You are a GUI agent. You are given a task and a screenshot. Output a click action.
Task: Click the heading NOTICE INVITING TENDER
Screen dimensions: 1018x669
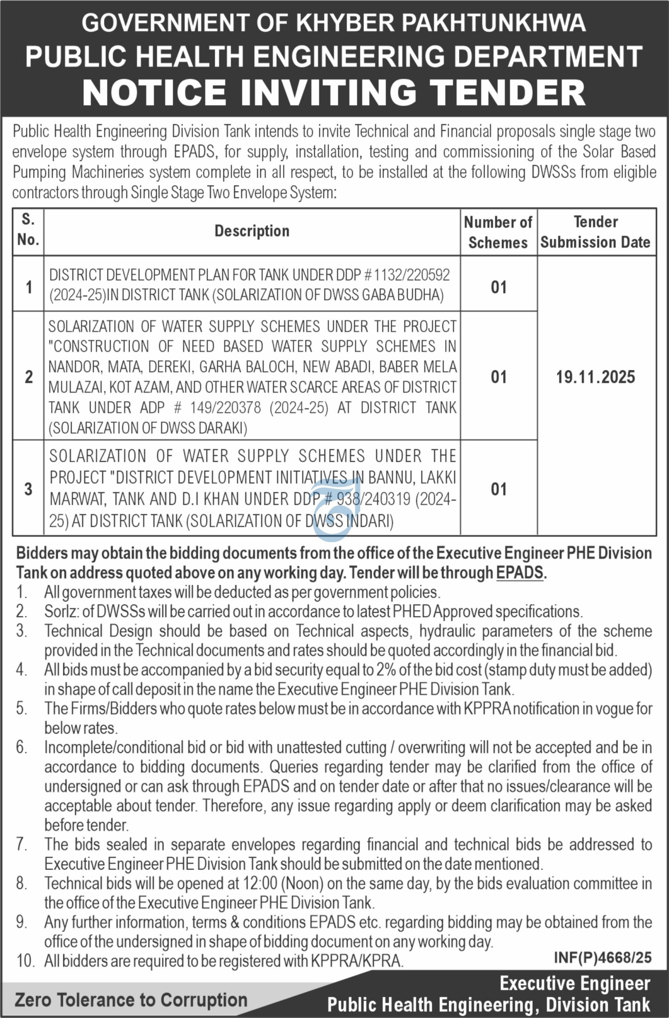[334, 92]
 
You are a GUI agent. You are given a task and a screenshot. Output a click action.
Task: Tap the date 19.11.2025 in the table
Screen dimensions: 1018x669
[596, 378]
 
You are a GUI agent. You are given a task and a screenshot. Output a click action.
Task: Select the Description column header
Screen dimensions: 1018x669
[252, 231]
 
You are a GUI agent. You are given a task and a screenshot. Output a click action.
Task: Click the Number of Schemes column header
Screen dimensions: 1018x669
[498, 232]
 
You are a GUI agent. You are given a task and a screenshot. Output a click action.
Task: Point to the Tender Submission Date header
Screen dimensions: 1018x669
[596, 232]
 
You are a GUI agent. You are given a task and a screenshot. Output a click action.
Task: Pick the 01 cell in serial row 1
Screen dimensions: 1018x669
[498, 287]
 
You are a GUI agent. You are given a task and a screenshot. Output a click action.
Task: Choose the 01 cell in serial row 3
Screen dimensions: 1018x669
[498, 489]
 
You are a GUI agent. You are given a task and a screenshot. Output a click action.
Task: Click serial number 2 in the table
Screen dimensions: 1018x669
[29, 377]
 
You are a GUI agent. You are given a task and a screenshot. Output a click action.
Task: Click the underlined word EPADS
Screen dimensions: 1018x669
[519, 572]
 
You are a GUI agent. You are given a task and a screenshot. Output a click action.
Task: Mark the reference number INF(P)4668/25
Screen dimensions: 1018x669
[602, 957]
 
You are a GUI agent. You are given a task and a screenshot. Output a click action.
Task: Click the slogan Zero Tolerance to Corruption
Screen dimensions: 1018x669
[131, 1000]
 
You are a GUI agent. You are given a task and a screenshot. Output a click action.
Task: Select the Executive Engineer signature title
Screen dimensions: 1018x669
[574, 983]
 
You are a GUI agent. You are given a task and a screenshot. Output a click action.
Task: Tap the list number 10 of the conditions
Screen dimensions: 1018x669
[25, 961]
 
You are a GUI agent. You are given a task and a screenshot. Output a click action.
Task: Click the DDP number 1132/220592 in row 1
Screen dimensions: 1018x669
[411, 275]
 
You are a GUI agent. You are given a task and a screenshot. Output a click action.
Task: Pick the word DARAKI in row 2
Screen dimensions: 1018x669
[222, 428]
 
